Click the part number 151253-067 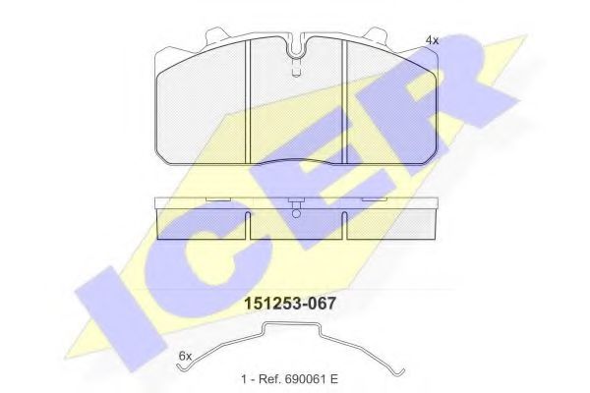click(290, 304)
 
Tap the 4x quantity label click(432, 40)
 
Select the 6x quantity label click(185, 356)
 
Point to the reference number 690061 click(303, 378)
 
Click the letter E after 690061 click(333, 378)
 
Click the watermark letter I click(120, 318)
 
